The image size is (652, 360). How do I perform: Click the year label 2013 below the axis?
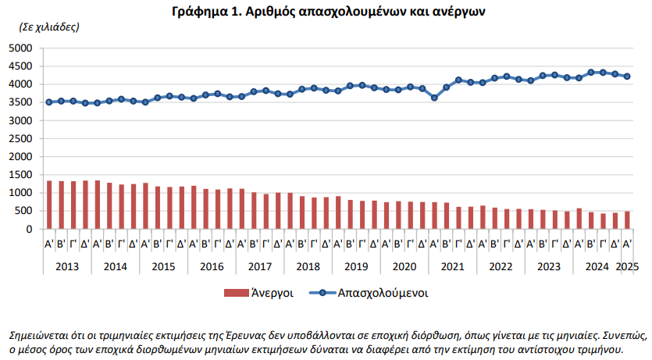tap(67, 266)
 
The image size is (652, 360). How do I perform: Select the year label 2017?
tap(259, 266)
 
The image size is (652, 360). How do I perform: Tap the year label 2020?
tap(403, 266)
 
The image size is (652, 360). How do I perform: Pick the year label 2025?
tap(628, 266)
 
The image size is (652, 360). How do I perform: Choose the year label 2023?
tap(548, 266)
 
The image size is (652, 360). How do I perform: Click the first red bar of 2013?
tap(49, 205)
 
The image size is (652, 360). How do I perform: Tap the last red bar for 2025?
tap(627, 220)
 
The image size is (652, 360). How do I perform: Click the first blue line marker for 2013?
tap(49, 102)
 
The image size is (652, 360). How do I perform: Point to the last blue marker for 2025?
tap(627, 77)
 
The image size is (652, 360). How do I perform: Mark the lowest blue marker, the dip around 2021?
tap(434, 98)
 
